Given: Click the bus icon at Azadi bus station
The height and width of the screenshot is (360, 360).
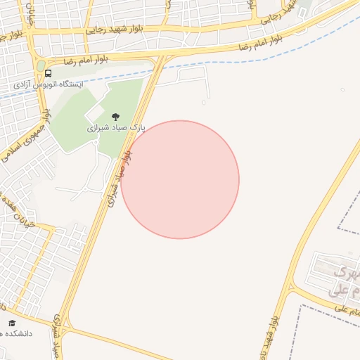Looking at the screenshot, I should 48,73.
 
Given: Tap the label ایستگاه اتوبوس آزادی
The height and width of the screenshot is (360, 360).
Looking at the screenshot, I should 48,84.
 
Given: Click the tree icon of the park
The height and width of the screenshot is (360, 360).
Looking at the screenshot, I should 115,117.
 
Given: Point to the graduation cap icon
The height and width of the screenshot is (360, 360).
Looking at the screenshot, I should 11,323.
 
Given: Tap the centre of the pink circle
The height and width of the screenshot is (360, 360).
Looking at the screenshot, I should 180,179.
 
